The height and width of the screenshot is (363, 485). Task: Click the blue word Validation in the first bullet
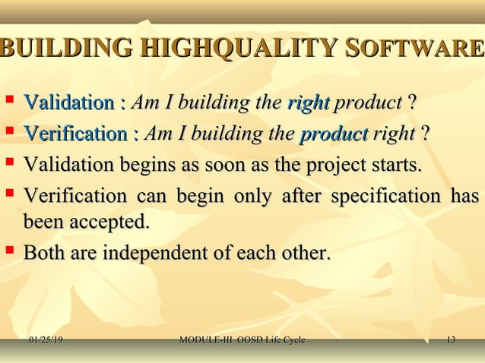point(69,102)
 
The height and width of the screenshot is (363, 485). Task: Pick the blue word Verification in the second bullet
point(74,134)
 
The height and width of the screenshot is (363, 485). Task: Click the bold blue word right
point(308,102)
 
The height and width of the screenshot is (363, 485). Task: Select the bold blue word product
point(334,134)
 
